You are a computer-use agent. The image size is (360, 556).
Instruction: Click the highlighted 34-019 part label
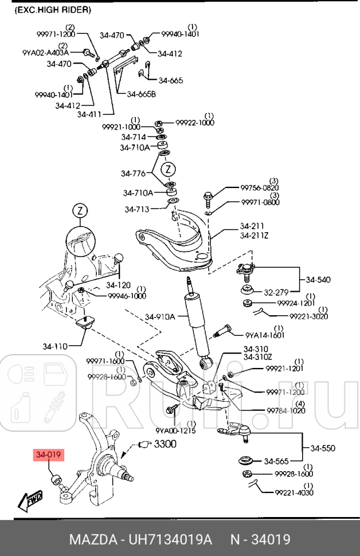49,455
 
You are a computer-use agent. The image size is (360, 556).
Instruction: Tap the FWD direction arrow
30,500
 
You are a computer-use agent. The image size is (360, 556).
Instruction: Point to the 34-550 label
323,448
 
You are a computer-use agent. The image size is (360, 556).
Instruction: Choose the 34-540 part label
318,280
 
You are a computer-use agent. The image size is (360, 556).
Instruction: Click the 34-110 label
54,346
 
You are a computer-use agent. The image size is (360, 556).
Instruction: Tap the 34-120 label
119,285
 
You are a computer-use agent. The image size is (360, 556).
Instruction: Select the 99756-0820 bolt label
259,187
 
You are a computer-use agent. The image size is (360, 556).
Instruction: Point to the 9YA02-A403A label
45,53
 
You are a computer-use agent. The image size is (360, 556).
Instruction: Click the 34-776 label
133,173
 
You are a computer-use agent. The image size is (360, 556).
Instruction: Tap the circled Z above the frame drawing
81,211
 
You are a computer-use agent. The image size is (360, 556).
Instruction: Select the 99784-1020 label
285,410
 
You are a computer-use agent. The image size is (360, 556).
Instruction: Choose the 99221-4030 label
294,492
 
